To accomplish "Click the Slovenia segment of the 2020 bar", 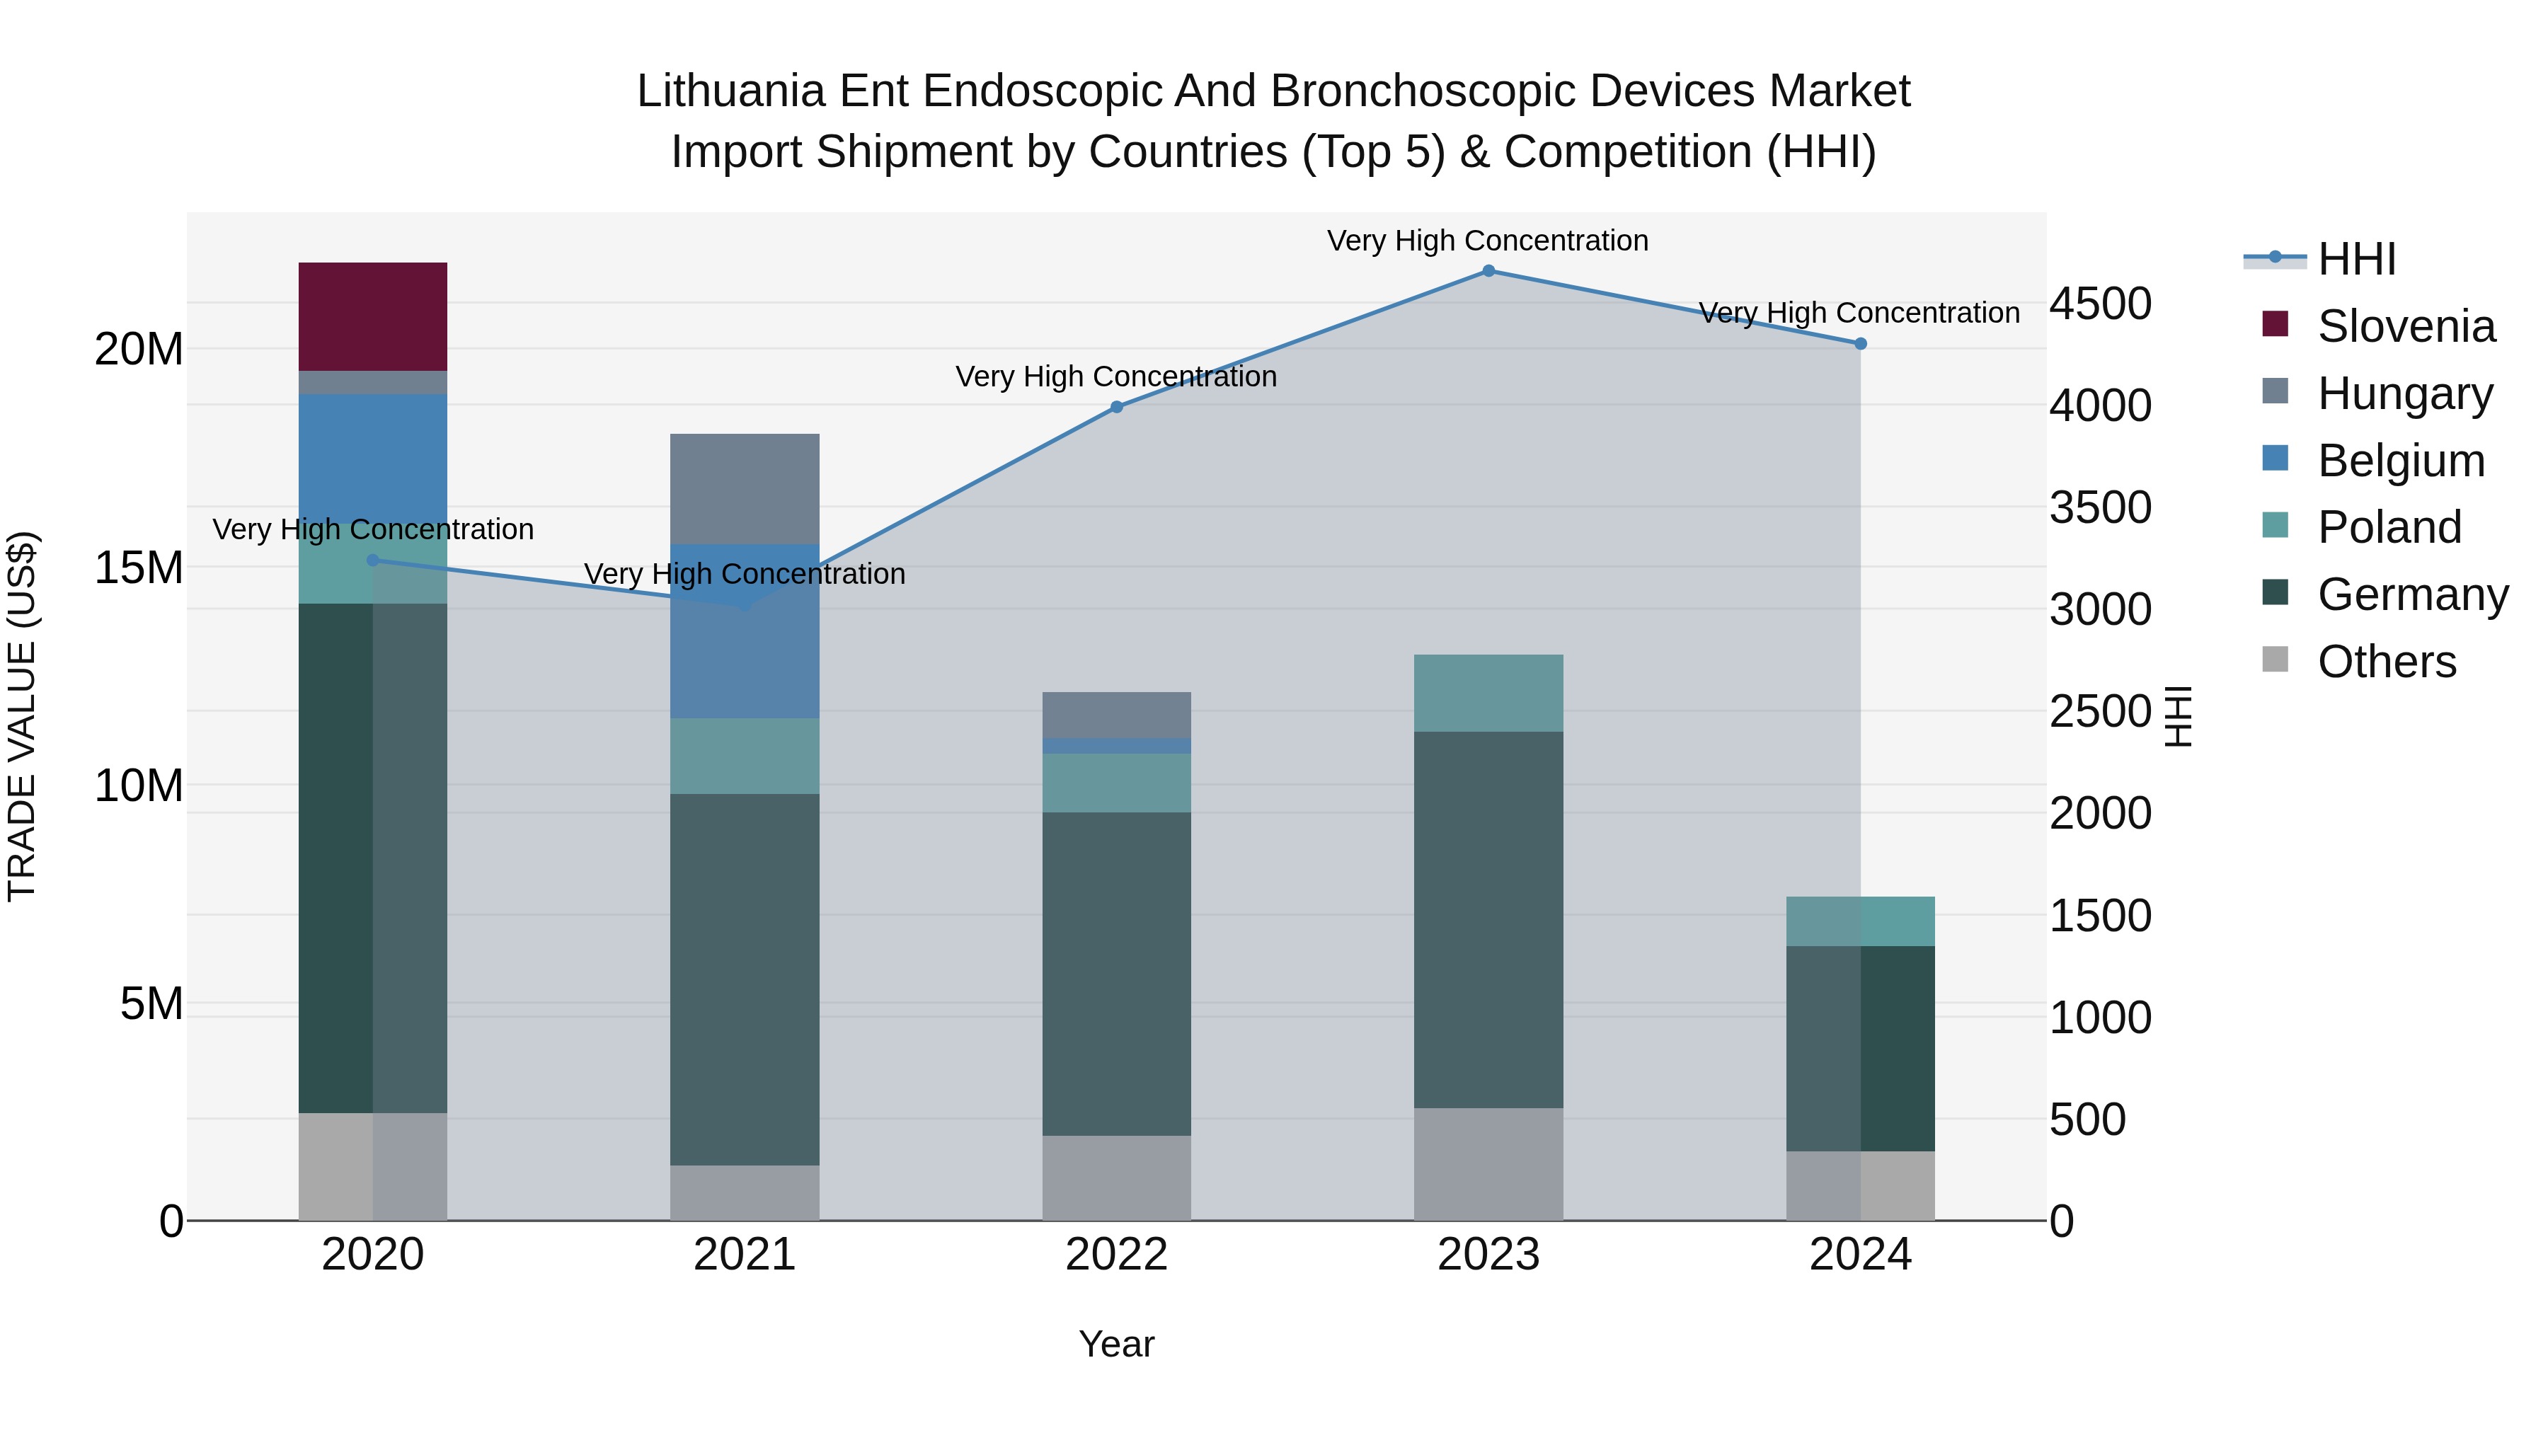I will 373,316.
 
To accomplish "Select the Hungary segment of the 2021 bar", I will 745,488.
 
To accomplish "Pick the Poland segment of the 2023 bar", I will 1488,692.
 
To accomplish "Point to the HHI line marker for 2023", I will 1488,271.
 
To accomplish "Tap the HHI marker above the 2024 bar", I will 1861,344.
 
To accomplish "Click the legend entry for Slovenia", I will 2406,326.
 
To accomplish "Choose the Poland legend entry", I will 2389,527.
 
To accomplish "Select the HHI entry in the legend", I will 2356,259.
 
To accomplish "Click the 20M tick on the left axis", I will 139,349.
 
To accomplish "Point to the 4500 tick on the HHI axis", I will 2100,304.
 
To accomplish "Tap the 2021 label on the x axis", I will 745,1255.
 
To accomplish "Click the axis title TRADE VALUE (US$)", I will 22,716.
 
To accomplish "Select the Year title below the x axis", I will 1117,1344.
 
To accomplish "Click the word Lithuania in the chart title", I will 730,91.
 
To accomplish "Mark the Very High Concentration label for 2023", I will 1488,241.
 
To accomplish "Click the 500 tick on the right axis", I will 2087,1120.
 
